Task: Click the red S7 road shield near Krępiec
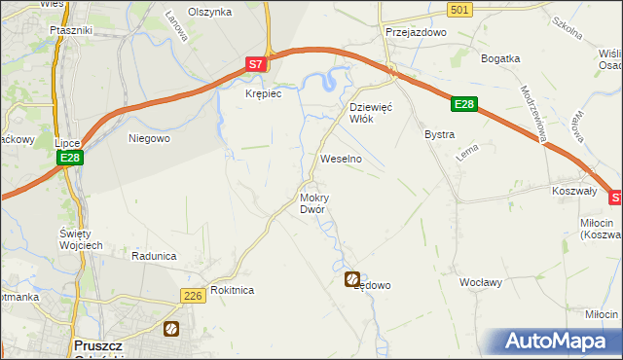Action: (255, 65)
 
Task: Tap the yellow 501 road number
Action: (461, 9)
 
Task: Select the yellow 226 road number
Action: (191, 295)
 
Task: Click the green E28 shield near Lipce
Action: (68, 158)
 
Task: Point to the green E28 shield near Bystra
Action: (464, 103)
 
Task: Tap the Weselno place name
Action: (341, 158)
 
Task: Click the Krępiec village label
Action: (263, 92)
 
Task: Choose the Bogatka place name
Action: (501, 58)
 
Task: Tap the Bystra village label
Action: (439, 134)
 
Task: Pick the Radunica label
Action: (154, 255)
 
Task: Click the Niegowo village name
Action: (150, 138)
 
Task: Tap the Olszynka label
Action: (209, 12)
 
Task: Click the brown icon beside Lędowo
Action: (351, 279)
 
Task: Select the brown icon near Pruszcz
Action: (171, 329)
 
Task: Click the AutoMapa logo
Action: (558, 342)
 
